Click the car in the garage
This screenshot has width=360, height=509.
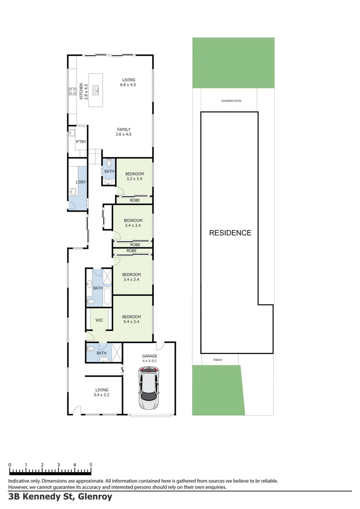click(149, 387)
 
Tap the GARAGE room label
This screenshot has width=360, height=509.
click(149, 356)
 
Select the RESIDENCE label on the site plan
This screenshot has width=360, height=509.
click(230, 233)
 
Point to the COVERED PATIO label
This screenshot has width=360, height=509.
click(231, 101)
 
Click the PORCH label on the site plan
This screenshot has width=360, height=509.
click(217, 360)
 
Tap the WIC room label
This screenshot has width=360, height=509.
click(99, 320)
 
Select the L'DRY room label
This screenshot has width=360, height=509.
click(80, 182)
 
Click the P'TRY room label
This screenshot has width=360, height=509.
click(80, 141)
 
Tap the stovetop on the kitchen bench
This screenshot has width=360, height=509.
click(73, 90)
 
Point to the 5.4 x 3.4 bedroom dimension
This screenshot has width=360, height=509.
click(131, 322)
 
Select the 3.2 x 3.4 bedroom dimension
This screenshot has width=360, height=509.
click(134, 179)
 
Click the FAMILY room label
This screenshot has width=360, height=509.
click(123, 129)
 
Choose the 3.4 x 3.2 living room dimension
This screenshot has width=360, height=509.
click(102, 395)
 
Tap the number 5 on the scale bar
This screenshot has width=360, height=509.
click(90, 465)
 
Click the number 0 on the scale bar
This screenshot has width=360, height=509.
click(9, 465)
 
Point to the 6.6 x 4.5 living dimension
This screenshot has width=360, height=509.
click(128, 85)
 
